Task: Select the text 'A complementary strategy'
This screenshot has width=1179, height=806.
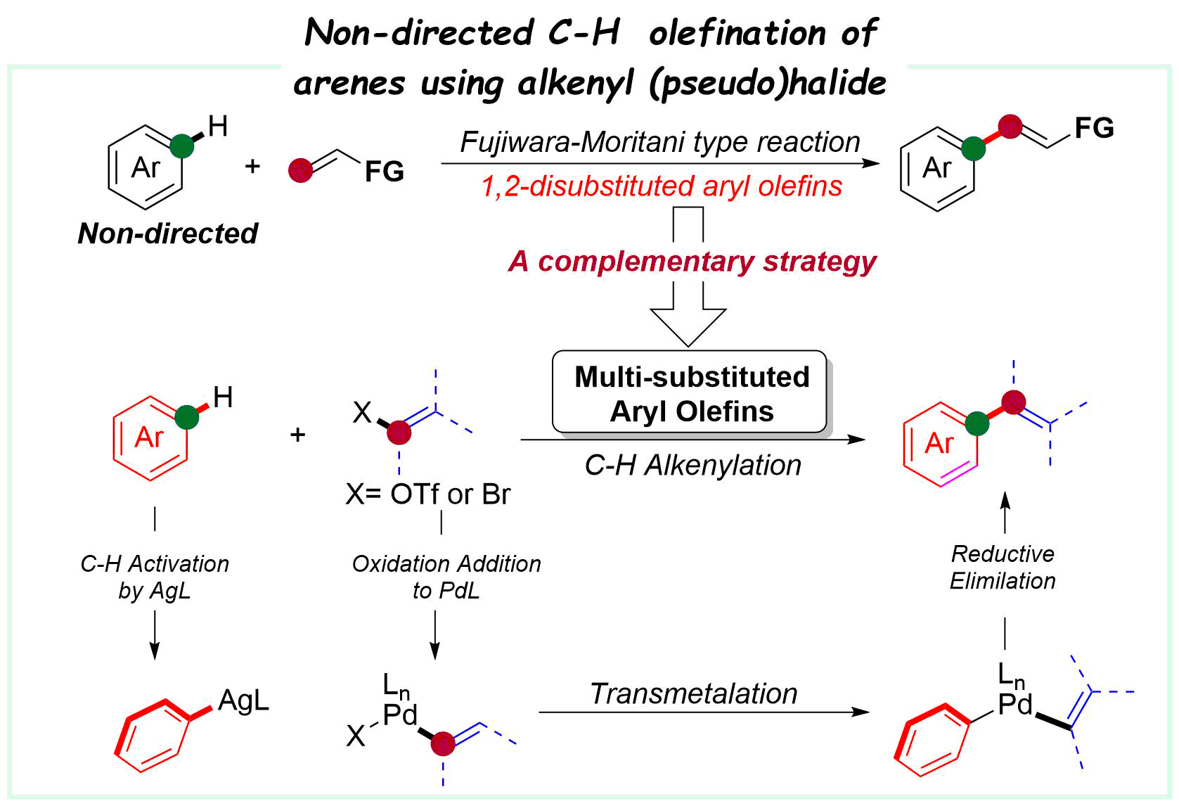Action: click(692, 262)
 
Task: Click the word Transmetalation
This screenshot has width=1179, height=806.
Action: click(694, 693)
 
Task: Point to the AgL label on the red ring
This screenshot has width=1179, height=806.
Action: click(243, 701)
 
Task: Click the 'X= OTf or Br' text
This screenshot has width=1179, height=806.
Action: click(427, 494)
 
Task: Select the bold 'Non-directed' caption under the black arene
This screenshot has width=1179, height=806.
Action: click(167, 234)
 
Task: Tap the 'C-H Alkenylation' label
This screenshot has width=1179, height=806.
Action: click(692, 466)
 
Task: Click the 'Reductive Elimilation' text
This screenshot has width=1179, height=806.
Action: click(1003, 567)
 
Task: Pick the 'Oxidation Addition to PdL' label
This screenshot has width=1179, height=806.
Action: click(446, 577)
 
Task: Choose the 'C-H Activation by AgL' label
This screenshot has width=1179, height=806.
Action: click(155, 577)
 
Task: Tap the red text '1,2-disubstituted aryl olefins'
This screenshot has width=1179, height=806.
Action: click(661, 186)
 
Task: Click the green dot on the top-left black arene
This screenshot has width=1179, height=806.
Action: click(181, 146)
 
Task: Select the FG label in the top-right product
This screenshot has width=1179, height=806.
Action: click(1094, 128)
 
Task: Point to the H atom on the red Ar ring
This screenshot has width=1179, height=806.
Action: click(223, 398)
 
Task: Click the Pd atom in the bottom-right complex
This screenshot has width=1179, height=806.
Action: click(1015, 704)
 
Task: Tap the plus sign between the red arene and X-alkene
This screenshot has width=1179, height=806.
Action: click(297, 435)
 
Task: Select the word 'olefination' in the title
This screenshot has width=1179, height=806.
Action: click(737, 33)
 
